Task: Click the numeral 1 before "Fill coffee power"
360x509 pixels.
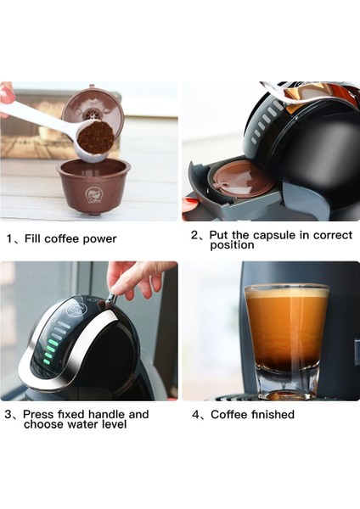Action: (8, 238)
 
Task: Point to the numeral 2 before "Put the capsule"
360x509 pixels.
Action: (194, 235)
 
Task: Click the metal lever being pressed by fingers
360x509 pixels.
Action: (110, 298)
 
